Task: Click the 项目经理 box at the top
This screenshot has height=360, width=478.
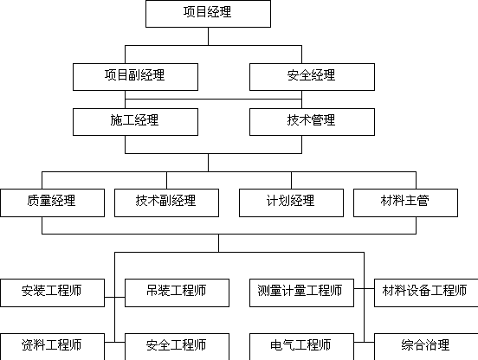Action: point(208,14)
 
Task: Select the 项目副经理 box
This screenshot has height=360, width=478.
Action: point(135,77)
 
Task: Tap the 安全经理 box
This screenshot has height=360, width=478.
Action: point(312,77)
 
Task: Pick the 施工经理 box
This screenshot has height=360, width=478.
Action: point(135,122)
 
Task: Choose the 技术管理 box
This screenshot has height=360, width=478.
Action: point(312,122)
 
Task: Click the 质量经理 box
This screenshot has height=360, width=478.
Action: point(53,202)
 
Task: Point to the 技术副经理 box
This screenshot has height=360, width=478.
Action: point(166,202)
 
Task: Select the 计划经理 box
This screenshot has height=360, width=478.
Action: point(292,202)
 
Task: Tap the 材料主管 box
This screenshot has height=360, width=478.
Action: point(405,202)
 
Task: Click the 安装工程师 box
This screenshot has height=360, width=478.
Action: point(53,292)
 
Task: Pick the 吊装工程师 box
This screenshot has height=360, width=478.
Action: point(177,292)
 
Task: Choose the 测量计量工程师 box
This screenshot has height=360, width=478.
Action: point(302,292)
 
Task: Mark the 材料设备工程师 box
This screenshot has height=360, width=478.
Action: point(426,292)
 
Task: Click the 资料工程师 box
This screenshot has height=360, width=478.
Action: point(53,347)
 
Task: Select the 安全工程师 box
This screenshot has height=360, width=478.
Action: point(177,347)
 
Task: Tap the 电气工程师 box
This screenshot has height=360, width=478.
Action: point(302,347)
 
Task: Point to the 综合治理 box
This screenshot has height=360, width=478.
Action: point(426,347)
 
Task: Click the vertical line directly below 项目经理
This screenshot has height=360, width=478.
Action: point(208,36)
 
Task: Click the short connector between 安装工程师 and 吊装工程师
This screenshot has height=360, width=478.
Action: point(114,297)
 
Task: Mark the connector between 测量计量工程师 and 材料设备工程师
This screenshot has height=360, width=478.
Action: point(364,288)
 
